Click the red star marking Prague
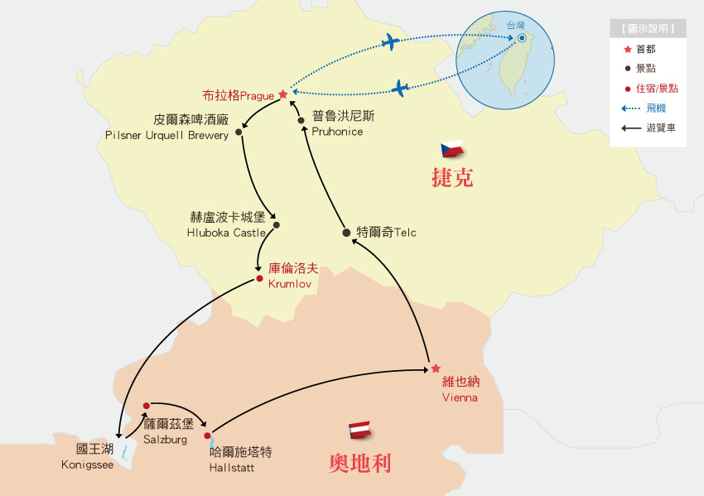(x=282, y=94)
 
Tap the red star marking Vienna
(x=436, y=368)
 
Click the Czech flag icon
(x=451, y=150)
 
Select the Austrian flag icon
(x=359, y=429)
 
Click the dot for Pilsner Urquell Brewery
(x=239, y=132)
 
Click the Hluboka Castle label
(x=227, y=224)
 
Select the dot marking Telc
(x=346, y=233)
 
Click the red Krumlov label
(x=293, y=275)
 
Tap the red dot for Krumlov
(x=259, y=278)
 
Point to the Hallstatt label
(x=240, y=460)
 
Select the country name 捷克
(x=452, y=177)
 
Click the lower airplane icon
(x=400, y=86)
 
